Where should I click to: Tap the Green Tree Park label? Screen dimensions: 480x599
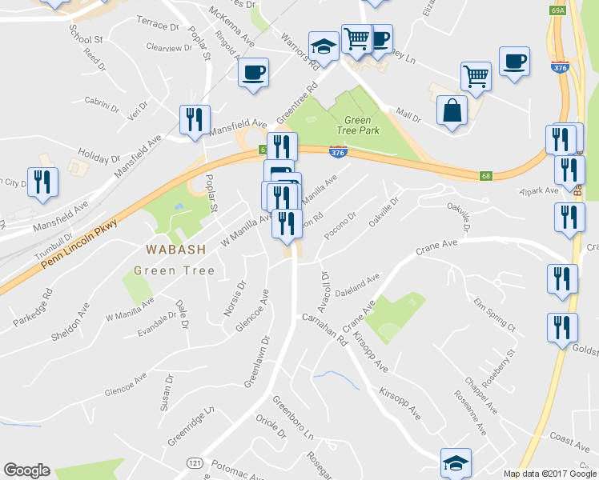(357, 126)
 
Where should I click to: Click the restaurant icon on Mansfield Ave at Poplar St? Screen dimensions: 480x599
(195, 120)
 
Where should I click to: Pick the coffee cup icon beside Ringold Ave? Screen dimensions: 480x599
(254, 74)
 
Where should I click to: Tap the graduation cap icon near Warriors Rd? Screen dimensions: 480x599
(324, 46)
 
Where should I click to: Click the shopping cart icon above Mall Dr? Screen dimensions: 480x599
(476, 76)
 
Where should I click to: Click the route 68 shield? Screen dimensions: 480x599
(486, 176)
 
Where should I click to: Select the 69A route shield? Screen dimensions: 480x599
(559, 10)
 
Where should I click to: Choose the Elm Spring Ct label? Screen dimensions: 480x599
(493, 314)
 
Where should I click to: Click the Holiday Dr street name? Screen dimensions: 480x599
(98, 153)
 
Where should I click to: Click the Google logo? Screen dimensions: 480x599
(27, 470)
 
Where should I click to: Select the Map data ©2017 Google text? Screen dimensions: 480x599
(549, 473)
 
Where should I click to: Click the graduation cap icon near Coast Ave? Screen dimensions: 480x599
(456, 462)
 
